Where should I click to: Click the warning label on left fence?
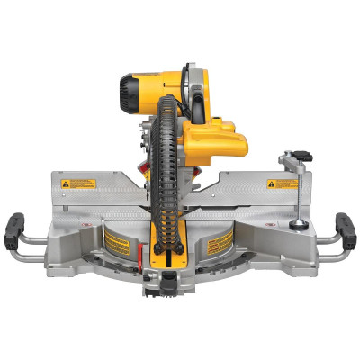(x=77, y=184)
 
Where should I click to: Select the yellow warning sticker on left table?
(x=117, y=240)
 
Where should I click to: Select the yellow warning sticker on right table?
(x=220, y=243)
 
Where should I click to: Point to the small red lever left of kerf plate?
(x=144, y=256)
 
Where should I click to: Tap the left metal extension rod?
(x=31, y=244)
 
